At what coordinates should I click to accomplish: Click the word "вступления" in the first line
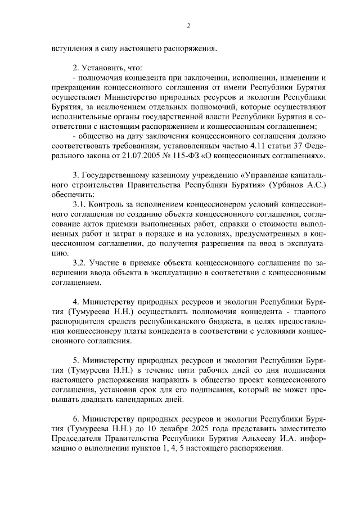(x=69, y=48)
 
